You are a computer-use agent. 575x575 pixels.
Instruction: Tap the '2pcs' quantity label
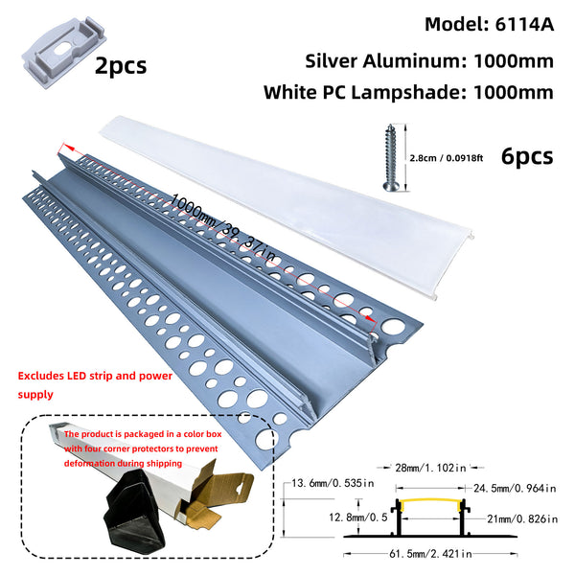(x=121, y=65)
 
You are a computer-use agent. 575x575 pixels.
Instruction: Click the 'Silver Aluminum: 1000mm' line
(x=429, y=60)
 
